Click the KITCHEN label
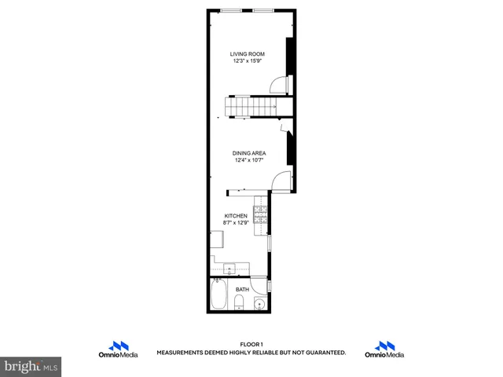(x=237, y=216)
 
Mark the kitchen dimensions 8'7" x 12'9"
(x=237, y=223)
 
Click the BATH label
(x=242, y=289)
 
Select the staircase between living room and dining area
(x=251, y=105)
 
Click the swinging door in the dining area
(x=279, y=182)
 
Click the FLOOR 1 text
(x=251, y=344)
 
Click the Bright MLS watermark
(x=31, y=367)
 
